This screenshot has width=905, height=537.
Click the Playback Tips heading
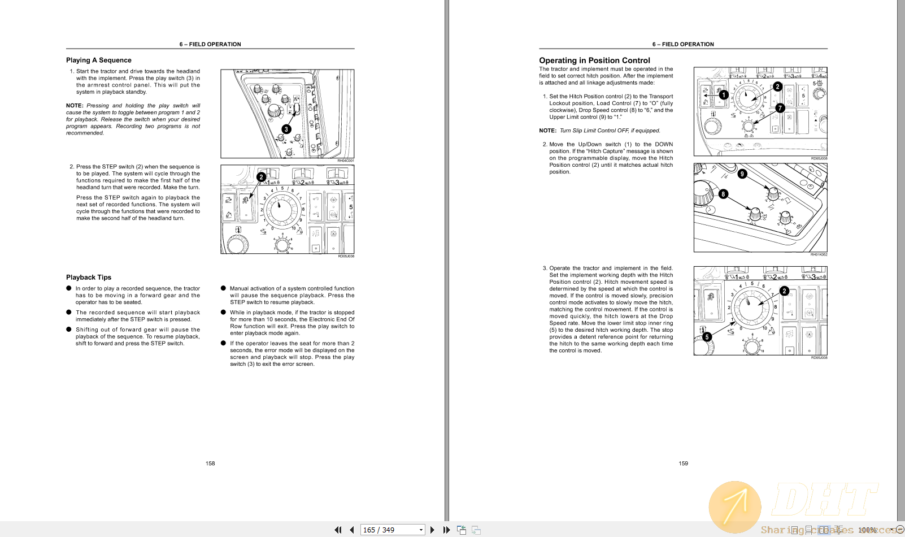[x=89, y=277]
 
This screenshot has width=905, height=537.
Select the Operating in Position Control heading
[x=594, y=60]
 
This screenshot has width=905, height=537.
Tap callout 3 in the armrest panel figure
[x=286, y=129]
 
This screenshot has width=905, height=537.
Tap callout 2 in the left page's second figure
[x=261, y=177]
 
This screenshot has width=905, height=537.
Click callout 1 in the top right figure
[x=724, y=95]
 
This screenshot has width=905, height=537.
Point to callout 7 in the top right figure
[x=780, y=107]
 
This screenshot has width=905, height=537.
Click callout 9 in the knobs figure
[x=742, y=174]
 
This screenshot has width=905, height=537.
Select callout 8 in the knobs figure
[x=723, y=194]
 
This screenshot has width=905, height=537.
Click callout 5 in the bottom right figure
[x=707, y=337]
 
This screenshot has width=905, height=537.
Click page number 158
[x=210, y=464]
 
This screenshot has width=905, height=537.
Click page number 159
[x=683, y=464]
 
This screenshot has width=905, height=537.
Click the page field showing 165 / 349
[x=390, y=530]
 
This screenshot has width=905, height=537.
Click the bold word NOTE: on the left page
[x=75, y=106]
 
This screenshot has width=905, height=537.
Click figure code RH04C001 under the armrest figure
[x=346, y=161]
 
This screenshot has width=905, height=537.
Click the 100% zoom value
[x=867, y=530]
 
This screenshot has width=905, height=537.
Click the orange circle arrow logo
[x=735, y=506]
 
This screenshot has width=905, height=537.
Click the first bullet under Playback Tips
[x=69, y=288]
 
